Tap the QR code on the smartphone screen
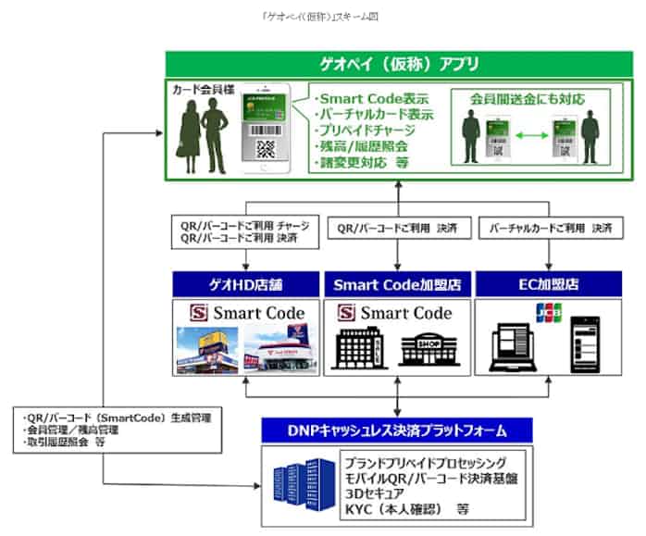pos(266,148)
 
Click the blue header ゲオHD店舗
pos(245,283)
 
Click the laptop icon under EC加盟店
pos(512,343)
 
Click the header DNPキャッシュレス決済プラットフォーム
pos(396,430)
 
